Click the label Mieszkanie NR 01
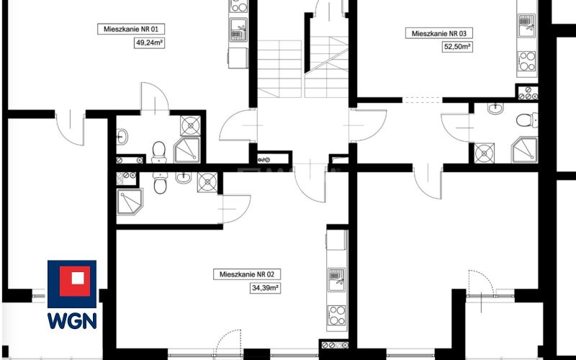point(131,29)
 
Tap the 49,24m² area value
point(149,43)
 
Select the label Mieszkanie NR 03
point(439,33)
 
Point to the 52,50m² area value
point(457,47)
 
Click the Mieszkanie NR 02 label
point(247,274)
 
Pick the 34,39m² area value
point(265,288)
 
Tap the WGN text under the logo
point(72,320)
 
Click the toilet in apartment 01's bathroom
point(159,152)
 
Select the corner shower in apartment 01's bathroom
point(187,150)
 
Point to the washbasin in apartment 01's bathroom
point(122,137)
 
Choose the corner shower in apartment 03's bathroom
point(525,150)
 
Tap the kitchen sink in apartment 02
point(336,279)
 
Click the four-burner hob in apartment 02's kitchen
point(336,315)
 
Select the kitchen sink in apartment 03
point(527,26)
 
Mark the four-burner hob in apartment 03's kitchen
point(527,61)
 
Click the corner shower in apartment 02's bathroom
point(130,202)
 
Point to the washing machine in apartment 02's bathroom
point(207,182)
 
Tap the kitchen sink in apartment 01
point(239,30)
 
